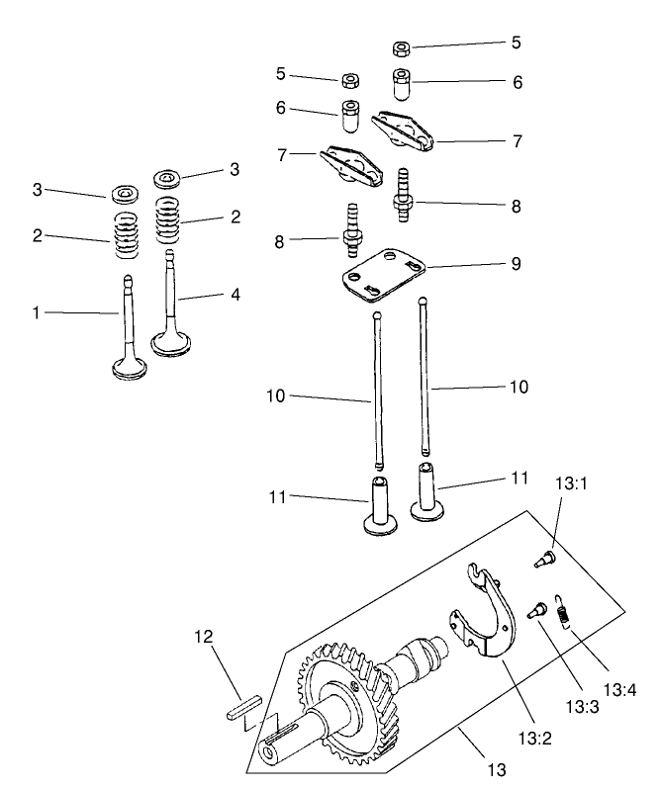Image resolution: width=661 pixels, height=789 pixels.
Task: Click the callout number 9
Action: pos(515,265)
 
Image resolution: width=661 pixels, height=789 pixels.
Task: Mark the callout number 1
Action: pos(37,312)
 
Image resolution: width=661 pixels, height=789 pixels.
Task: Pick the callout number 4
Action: pos(236,295)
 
